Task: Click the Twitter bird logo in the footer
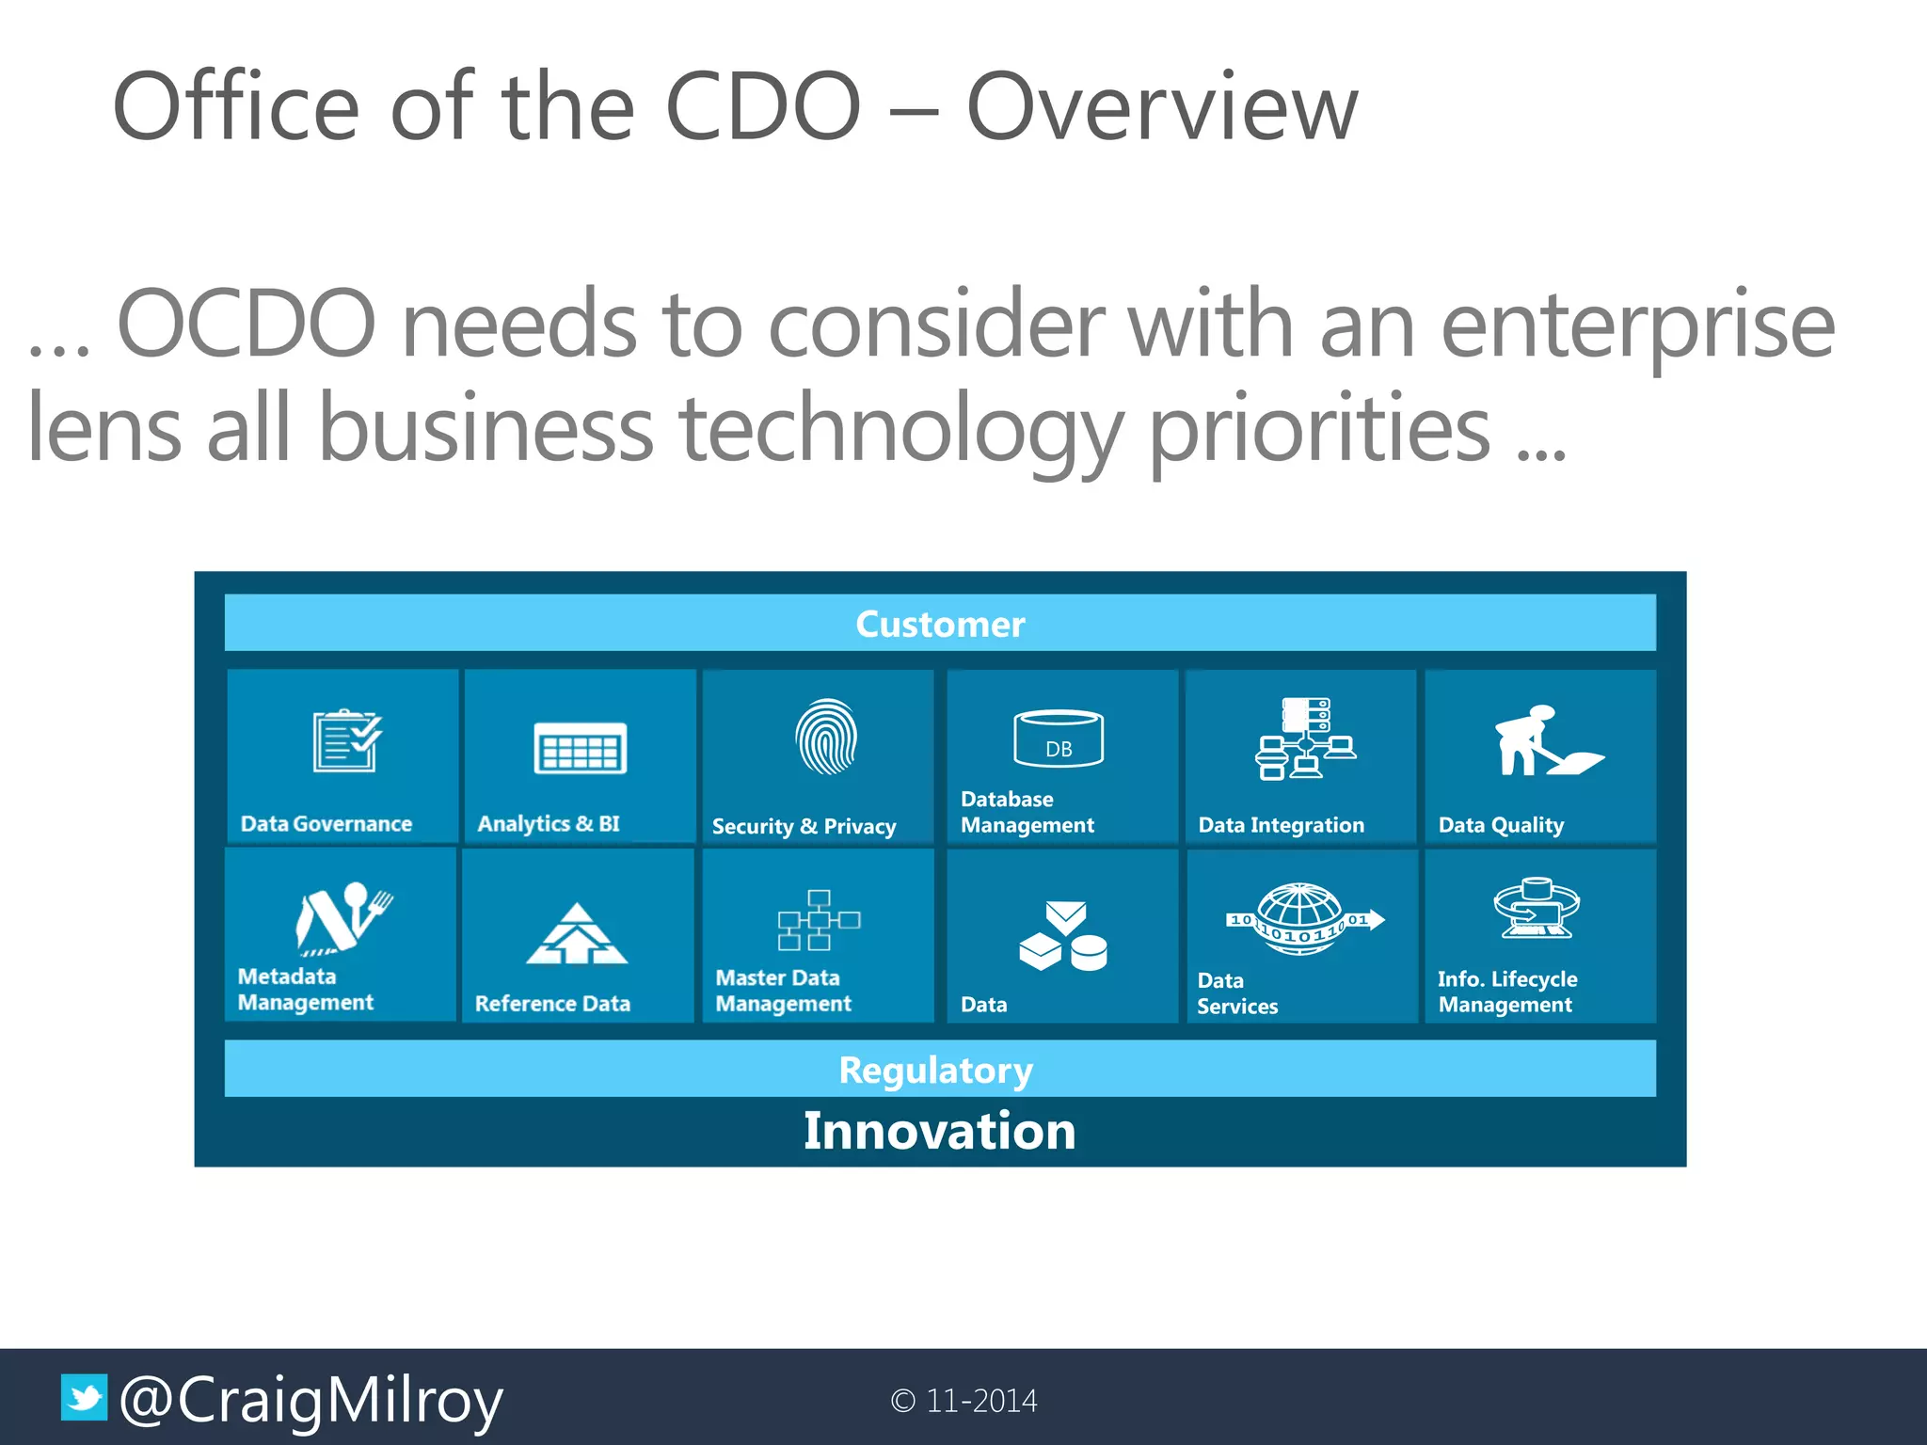click(85, 1397)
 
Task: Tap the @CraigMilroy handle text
click(311, 1401)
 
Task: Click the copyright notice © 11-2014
click(963, 1401)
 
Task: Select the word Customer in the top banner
click(940, 625)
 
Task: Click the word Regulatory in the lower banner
click(935, 1071)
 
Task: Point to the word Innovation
click(939, 1130)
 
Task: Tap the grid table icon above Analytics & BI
click(580, 749)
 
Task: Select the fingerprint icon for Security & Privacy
click(826, 737)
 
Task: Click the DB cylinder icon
click(1059, 738)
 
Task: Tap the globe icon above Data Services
click(1303, 918)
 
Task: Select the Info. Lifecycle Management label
click(1506, 992)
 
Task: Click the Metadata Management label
click(305, 990)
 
